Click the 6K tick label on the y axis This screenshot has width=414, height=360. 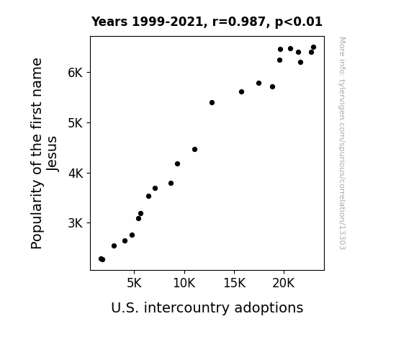pyautogui.click(x=76, y=73)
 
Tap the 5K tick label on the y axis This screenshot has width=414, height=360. pyautogui.click(x=76, y=123)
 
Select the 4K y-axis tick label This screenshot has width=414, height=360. pyautogui.click(x=76, y=174)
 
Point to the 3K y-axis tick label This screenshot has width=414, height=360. pyautogui.click(x=76, y=223)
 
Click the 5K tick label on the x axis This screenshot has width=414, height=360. pyautogui.click(x=134, y=284)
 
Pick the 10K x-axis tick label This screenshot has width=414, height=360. pyautogui.click(x=184, y=284)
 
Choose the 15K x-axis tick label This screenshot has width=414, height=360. pyautogui.click(x=234, y=284)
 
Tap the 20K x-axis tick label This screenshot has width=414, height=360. pyautogui.click(x=284, y=284)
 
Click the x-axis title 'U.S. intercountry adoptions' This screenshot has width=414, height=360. pyautogui.click(x=207, y=308)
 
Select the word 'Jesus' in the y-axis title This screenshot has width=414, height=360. pyautogui.click(x=52, y=153)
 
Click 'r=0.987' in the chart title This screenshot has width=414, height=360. pyautogui.click(x=239, y=22)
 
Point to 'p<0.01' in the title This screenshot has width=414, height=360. pyautogui.click(x=299, y=22)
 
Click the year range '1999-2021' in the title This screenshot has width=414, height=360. pyautogui.click(x=167, y=22)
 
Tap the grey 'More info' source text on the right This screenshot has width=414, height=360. pyautogui.click(x=342, y=143)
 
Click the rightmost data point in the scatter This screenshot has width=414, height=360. pyautogui.click(x=313, y=48)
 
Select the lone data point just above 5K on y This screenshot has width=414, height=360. pyautogui.click(x=212, y=102)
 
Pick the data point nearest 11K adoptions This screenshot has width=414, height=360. pyautogui.click(x=194, y=150)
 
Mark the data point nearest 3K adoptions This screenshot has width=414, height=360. pyautogui.click(x=114, y=246)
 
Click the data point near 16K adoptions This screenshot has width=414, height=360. pyautogui.click(x=241, y=92)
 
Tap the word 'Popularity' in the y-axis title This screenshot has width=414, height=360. pyautogui.click(x=37, y=215)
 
